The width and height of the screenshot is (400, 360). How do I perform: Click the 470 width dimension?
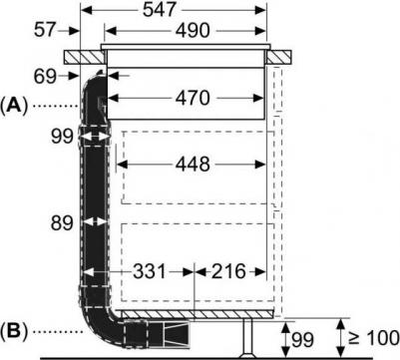pyautogui.click(x=185, y=98)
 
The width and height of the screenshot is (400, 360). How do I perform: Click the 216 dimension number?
pyautogui.click(x=228, y=271)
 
